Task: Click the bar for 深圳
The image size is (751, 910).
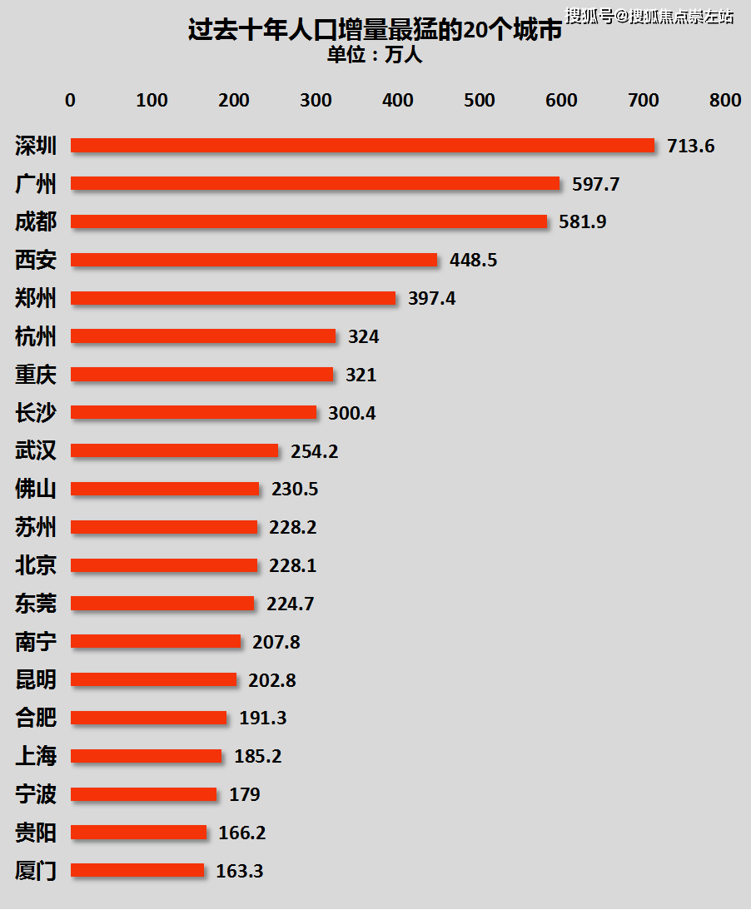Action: pyautogui.click(x=362, y=146)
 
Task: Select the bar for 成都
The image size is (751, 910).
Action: pyautogui.click(x=309, y=221)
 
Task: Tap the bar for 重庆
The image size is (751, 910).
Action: pyautogui.click(x=201, y=375)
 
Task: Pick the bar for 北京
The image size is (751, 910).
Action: pyautogui.click(x=164, y=565)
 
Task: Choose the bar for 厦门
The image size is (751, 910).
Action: pyautogui.click(x=137, y=870)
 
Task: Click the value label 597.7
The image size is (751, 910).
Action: pyautogui.click(x=595, y=184)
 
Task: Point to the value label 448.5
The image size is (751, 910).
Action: pyautogui.click(x=473, y=260)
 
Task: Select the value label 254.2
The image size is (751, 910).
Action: pyautogui.click(x=314, y=451)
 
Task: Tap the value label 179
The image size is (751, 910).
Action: pyautogui.click(x=245, y=794)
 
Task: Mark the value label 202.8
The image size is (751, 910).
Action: pyautogui.click(x=271, y=680)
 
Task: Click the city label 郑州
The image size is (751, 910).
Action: pyautogui.click(x=36, y=298)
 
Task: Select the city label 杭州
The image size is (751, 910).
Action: pyautogui.click(x=36, y=336)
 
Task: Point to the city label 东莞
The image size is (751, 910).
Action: pyautogui.click(x=36, y=604)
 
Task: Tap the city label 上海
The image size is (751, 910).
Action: pyautogui.click(x=36, y=756)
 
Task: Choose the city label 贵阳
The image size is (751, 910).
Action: pyautogui.click(x=36, y=832)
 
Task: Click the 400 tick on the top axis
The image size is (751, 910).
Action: pyautogui.click(x=398, y=100)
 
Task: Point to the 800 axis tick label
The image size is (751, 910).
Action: pyautogui.click(x=724, y=100)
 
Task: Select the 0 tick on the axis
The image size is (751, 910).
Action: pyautogui.click(x=70, y=100)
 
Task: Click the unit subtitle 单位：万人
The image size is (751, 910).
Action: pyautogui.click(x=375, y=55)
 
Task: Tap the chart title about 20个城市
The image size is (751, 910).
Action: pyautogui.click(x=375, y=32)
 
